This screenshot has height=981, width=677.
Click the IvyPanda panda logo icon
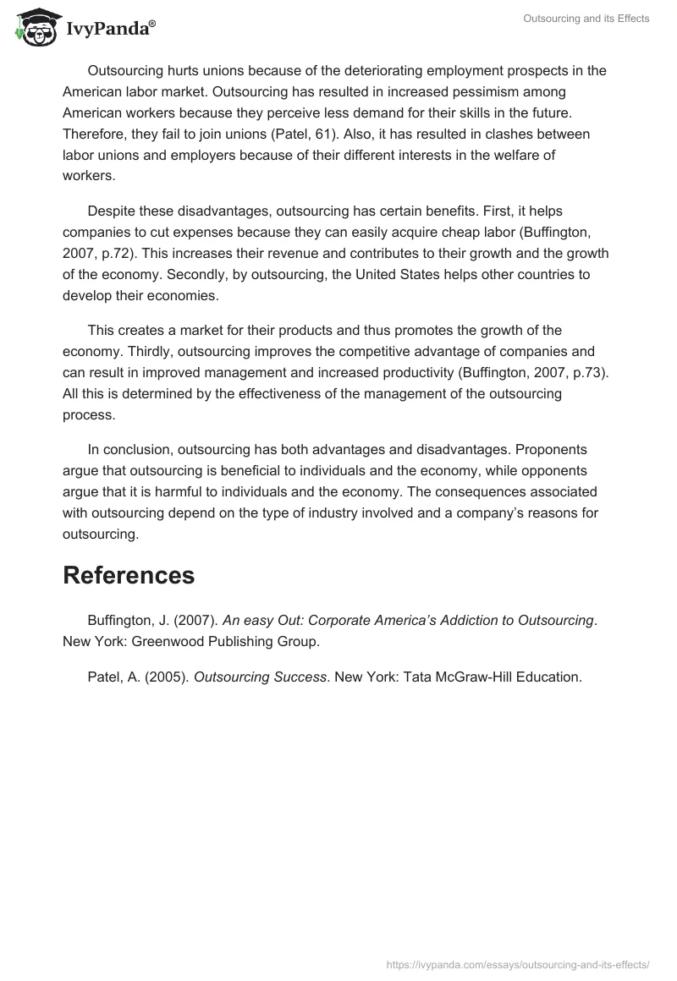click(x=33, y=26)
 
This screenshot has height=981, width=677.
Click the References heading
click(x=129, y=575)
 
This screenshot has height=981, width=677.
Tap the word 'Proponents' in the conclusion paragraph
click(x=575, y=449)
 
